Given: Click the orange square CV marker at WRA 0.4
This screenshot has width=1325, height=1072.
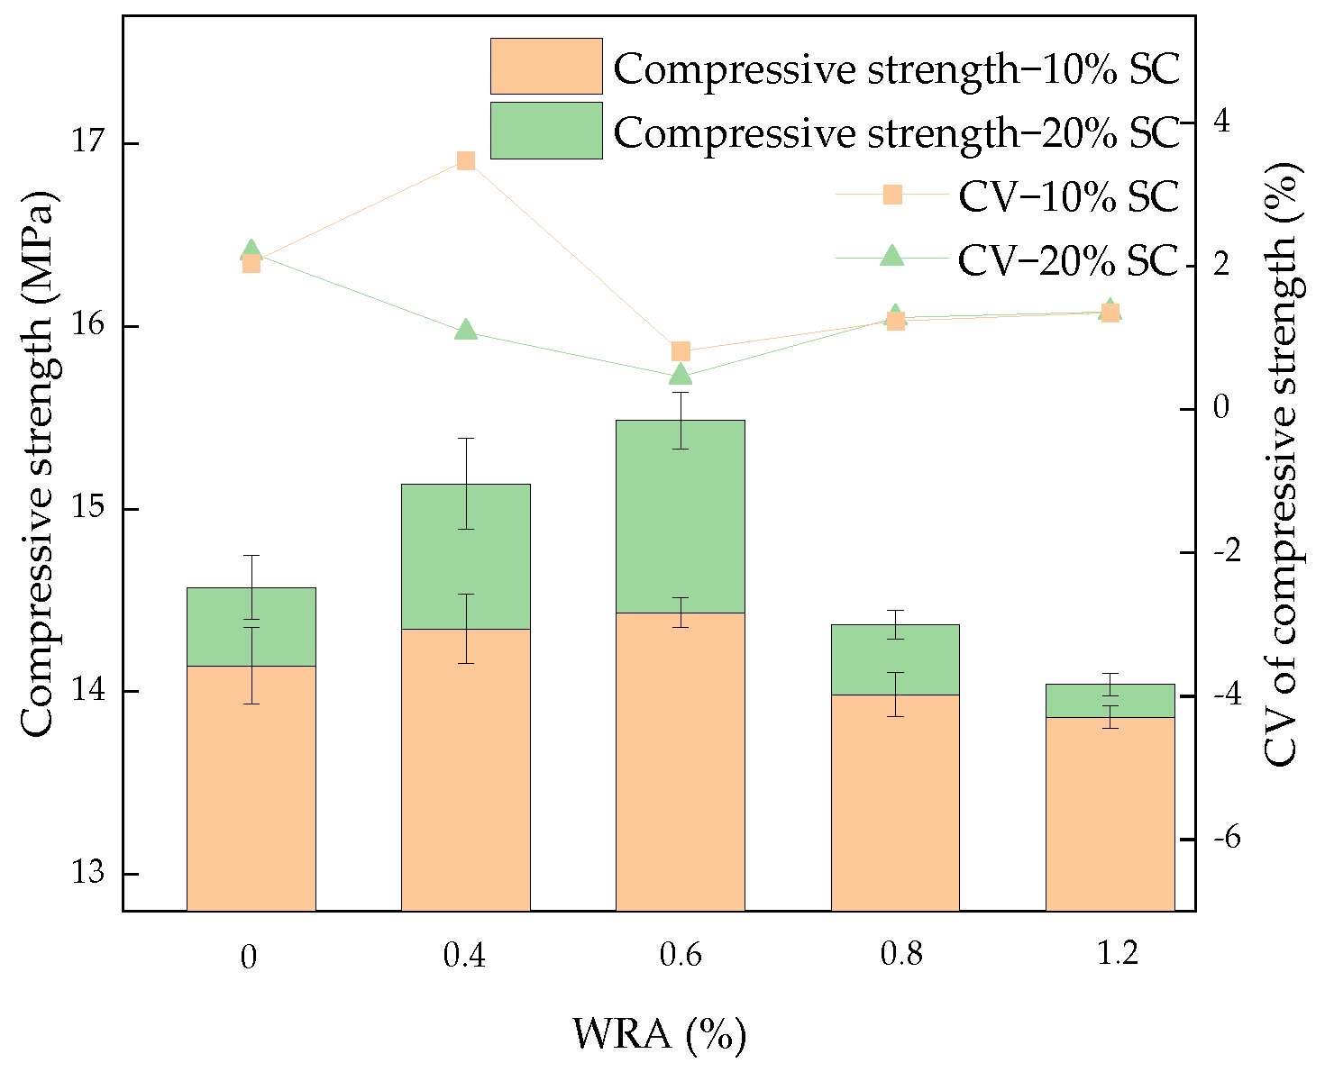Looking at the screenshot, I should pyautogui.click(x=466, y=161).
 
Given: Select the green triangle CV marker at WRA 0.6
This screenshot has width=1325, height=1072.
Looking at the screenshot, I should pyautogui.click(x=681, y=375).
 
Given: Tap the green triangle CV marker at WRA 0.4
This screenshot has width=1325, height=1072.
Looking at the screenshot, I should pyautogui.click(x=466, y=330).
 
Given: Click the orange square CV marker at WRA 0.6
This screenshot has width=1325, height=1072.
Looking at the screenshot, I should pyautogui.click(x=681, y=351).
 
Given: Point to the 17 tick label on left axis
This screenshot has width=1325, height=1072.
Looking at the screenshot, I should pyautogui.click(x=89, y=144).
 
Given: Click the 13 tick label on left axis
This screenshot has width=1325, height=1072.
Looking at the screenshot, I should pyautogui.click(x=89, y=874).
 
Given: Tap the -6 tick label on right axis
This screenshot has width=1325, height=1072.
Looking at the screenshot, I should pyautogui.click(x=1239, y=839).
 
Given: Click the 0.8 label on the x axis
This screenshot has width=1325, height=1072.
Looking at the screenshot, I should pyautogui.click(x=902, y=954).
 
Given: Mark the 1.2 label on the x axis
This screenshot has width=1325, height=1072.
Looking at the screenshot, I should pyautogui.click(x=1118, y=954).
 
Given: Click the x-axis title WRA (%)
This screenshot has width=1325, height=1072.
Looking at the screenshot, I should pyautogui.click(x=660, y=1035).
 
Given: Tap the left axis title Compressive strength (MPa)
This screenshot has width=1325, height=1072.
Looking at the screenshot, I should pyautogui.click(x=37, y=464).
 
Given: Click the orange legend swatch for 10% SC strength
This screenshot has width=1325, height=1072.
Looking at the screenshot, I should pyautogui.click(x=546, y=66).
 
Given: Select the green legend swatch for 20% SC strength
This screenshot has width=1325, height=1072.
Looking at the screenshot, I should pyautogui.click(x=546, y=131).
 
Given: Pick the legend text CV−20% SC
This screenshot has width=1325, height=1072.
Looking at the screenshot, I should pyautogui.click(x=1068, y=260).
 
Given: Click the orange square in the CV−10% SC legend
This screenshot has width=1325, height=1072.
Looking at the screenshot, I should pyautogui.click(x=892, y=195).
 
